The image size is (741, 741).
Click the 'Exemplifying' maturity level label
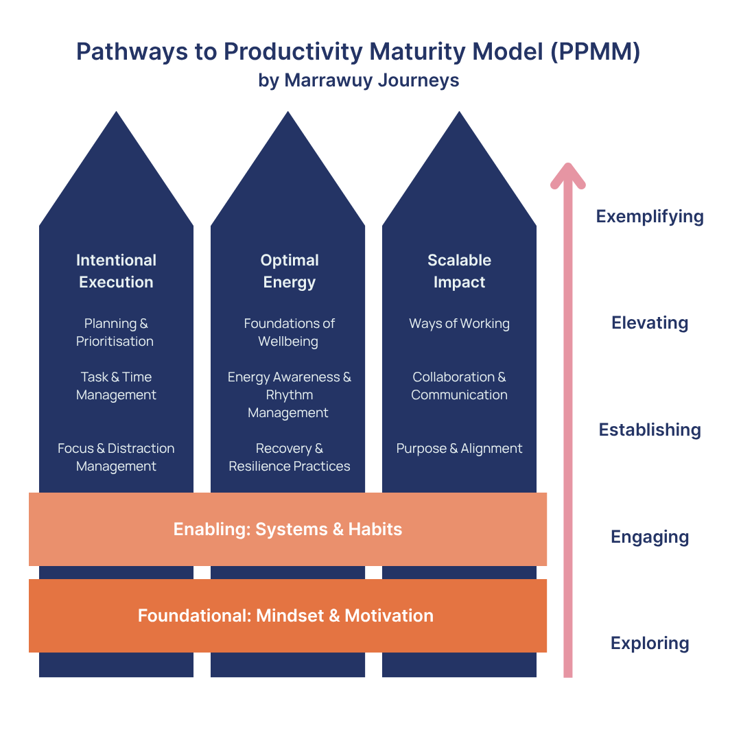(x=650, y=217)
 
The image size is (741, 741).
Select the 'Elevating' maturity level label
(x=650, y=323)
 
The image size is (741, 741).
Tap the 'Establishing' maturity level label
(x=650, y=430)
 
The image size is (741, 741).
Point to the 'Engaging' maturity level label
(x=650, y=537)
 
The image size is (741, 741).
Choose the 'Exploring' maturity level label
(x=650, y=644)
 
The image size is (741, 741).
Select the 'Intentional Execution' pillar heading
(x=116, y=271)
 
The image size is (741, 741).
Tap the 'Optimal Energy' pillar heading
(x=289, y=271)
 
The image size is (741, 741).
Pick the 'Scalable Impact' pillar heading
(x=459, y=271)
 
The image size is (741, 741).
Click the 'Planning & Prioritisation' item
(x=116, y=332)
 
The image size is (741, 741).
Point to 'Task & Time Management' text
(x=116, y=386)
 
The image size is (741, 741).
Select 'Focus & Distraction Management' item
(x=116, y=457)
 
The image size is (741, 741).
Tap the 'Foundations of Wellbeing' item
(x=289, y=332)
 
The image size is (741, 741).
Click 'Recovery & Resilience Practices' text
(x=289, y=457)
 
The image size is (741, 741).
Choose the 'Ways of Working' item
(x=459, y=324)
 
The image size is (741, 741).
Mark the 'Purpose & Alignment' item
(x=459, y=449)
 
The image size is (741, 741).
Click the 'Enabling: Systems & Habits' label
(x=287, y=529)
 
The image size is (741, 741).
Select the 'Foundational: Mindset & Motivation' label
(x=285, y=615)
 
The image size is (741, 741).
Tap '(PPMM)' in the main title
(x=596, y=52)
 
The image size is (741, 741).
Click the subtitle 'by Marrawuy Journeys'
(x=358, y=80)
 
